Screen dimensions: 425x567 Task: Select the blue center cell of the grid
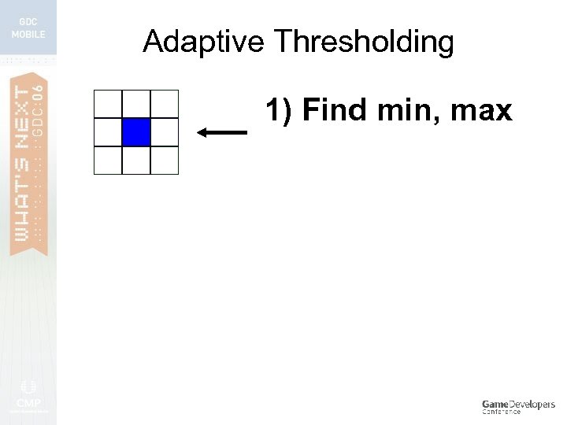136,132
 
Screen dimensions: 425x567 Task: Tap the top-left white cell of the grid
108,104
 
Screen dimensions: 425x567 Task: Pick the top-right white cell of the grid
164,104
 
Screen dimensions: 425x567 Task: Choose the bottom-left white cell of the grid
108,160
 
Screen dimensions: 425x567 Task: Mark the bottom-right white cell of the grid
164,160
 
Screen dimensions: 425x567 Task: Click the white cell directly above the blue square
136,104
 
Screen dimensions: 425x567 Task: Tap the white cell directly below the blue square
136,160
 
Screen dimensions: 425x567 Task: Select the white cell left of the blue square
108,132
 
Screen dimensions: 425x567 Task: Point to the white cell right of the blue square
164,132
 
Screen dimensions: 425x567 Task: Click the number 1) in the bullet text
280,111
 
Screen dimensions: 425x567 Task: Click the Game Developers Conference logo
518,406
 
